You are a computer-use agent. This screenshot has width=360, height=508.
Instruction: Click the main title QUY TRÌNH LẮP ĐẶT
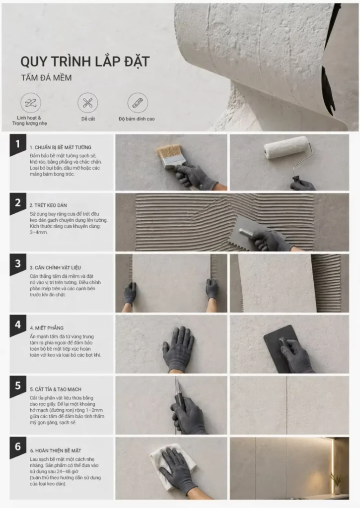coord(85,62)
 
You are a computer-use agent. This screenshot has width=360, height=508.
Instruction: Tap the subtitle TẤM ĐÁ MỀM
coord(46,78)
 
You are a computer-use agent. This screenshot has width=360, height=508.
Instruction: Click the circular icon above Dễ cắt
coord(87,103)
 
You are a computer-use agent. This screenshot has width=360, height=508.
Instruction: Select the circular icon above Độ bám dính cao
coord(138,103)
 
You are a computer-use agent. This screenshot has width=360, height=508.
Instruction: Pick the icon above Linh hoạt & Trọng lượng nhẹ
coord(31,103)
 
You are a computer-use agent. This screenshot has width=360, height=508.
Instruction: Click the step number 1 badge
coord(18,144)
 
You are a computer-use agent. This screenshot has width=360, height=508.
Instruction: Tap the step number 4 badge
coord(18,325)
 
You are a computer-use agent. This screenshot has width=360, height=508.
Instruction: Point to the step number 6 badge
coord(18,447)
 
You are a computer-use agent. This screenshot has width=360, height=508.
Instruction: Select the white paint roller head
coord(286,147)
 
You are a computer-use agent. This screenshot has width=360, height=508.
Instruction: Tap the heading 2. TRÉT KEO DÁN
coord(48,205)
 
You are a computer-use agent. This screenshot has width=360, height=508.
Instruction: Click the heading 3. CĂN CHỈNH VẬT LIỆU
coord(55,267)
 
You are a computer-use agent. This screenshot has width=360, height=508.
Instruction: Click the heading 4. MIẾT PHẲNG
coord(46,328)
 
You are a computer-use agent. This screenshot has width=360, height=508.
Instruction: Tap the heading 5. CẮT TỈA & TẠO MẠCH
coord(56,389)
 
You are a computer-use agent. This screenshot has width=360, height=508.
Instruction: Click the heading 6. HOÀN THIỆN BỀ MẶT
coord(56,450)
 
